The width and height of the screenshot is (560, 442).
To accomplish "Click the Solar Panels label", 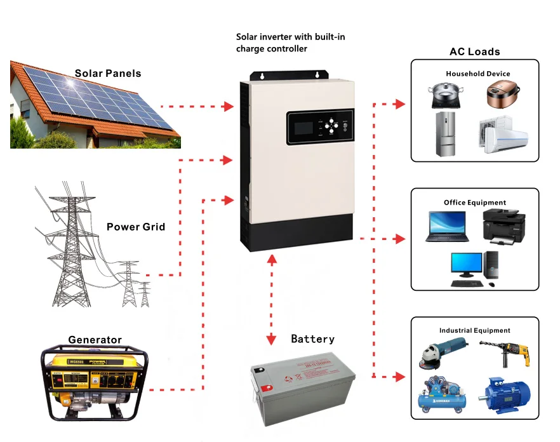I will (x=108, y=73).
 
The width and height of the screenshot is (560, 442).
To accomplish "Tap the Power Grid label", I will (x=135, y=227).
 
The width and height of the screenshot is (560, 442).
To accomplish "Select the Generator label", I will (x=95, y=340).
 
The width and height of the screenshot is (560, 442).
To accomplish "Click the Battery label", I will (x=312, y=339).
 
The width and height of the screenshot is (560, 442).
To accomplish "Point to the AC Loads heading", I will (x=474, y=52).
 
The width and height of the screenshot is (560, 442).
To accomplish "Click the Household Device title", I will (x=477, y=74).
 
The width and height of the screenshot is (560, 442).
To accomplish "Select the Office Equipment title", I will (x=475, y=203).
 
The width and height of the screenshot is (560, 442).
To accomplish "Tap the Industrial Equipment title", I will (x=474, y=330).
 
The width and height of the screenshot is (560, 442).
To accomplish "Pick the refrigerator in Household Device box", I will (x=446, y=134).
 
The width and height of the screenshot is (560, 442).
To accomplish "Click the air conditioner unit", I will (x=502, y=135).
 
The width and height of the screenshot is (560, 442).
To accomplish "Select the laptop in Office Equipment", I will (x=447, y=226).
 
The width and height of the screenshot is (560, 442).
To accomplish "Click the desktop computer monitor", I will (x=467, y=265).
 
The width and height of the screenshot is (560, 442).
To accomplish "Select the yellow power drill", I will (x=505, y=352).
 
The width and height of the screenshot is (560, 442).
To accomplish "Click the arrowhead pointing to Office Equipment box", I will (x=400, y=239).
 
